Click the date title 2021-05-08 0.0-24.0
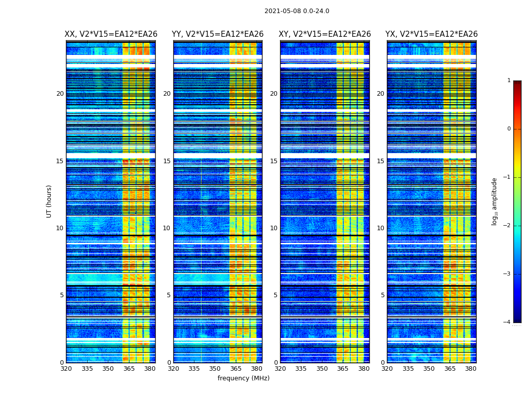[x=297, y=11]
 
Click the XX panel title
[x=111, y=34]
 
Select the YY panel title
[x=218, y=34]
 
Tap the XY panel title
[x=325, y=34]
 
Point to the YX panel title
[x=432, y=34]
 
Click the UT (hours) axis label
[x=49, y=201]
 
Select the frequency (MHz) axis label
[x=243, y=378]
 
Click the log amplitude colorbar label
[x=495, y=201]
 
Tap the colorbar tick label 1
[x=509, y=81]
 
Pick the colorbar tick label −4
[x=507, y=322]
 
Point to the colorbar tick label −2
[x=507, y=226]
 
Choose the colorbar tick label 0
[x=509, y=129]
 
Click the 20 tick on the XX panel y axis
[x=60, y=94]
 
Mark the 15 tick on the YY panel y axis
[x=167, y=161]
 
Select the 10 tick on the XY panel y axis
[x=274, y=228]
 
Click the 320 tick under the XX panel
[x=66, y=369]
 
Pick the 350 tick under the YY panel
[x=215, y=369]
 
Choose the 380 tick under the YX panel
[x=471, y=369]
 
